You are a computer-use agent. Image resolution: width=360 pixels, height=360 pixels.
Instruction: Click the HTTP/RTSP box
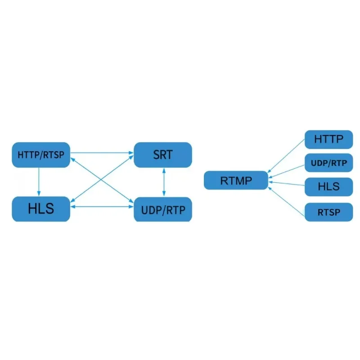point(41,155)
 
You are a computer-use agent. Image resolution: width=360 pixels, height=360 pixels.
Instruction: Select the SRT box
point(163,155)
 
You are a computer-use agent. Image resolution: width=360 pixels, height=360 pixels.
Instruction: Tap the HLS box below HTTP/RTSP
point(41,209)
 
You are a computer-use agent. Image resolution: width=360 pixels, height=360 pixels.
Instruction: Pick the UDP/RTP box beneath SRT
point(163,209)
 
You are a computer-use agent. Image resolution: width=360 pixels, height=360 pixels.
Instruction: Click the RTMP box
point(236,180)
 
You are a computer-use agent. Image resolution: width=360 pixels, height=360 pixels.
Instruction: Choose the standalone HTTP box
point(328,139)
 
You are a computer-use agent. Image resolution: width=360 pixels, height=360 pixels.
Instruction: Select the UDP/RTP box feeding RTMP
point(328,163)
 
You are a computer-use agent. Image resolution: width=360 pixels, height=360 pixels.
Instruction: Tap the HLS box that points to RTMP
point(328,186)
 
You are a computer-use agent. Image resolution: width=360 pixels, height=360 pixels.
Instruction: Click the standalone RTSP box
point(328,212)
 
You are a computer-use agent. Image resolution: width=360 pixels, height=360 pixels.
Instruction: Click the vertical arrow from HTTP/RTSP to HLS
point(39,181)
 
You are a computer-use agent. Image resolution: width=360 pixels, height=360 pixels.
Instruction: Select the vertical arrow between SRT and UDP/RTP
point(164,182)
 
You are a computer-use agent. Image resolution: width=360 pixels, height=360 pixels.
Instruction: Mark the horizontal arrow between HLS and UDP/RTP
point(102,207)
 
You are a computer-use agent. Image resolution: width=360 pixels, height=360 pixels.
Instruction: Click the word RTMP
point(236,181)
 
